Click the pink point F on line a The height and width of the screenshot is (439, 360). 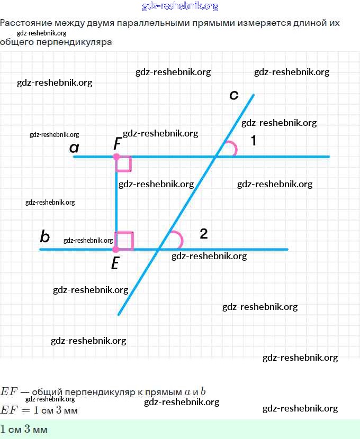[116, 157]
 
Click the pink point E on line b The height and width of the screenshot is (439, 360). [116, 249]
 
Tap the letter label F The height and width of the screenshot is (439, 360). [118, 143]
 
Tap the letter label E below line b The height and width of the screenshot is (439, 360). [115, 263]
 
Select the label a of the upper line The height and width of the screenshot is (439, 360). [74, 148]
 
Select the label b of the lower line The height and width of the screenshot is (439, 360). [45, 236]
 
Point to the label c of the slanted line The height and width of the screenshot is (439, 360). [234, 95]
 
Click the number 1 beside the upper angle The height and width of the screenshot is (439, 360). [253, 141]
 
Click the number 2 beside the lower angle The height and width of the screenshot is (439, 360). [204, 234]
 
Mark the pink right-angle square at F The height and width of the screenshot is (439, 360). [124, 164]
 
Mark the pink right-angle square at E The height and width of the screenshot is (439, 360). [125, 241]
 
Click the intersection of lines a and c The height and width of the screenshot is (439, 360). [216, 157]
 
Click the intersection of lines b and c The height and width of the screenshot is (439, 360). [159, 249]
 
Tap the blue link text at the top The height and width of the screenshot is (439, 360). [180, 6]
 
